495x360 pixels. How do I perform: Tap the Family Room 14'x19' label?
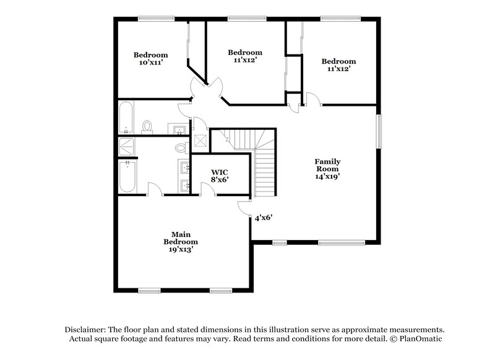pos(328,168)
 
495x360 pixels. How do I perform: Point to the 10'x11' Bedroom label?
pos(150,59)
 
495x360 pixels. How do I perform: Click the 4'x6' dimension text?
pos(264,218)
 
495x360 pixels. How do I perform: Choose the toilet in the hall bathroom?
pos(147,127)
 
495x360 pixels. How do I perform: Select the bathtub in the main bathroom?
pos(126,177)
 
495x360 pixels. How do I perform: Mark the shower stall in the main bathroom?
pos(127,147)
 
